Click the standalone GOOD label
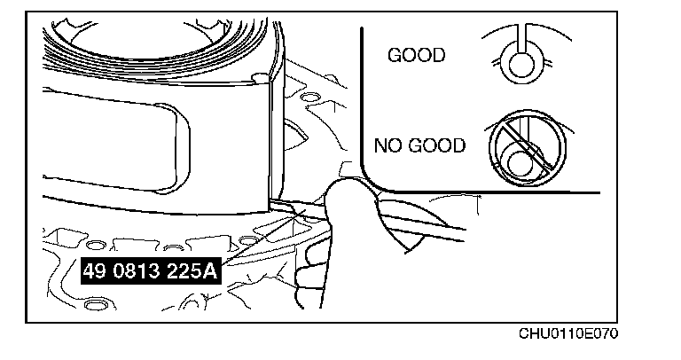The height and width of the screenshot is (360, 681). tap(416, 56)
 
